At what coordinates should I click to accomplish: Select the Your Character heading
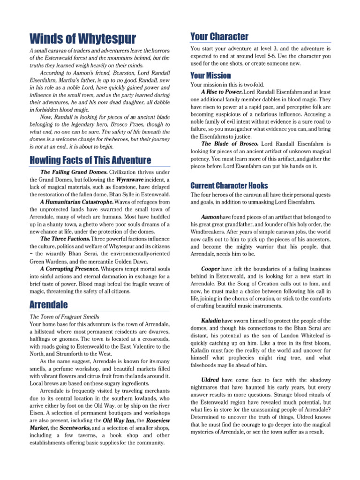tap(219, 37)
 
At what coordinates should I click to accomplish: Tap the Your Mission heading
tap(210, 75)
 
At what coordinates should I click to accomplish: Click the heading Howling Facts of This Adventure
tap(90, 160)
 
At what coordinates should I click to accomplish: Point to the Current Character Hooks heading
tap(229, 185)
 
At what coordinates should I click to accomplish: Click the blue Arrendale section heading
tap(48, 305)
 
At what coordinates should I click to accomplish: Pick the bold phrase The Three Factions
tap(66, 239)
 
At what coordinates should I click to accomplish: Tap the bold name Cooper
tap(210, 269)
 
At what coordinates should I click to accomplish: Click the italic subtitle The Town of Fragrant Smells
tap(64, 317)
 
